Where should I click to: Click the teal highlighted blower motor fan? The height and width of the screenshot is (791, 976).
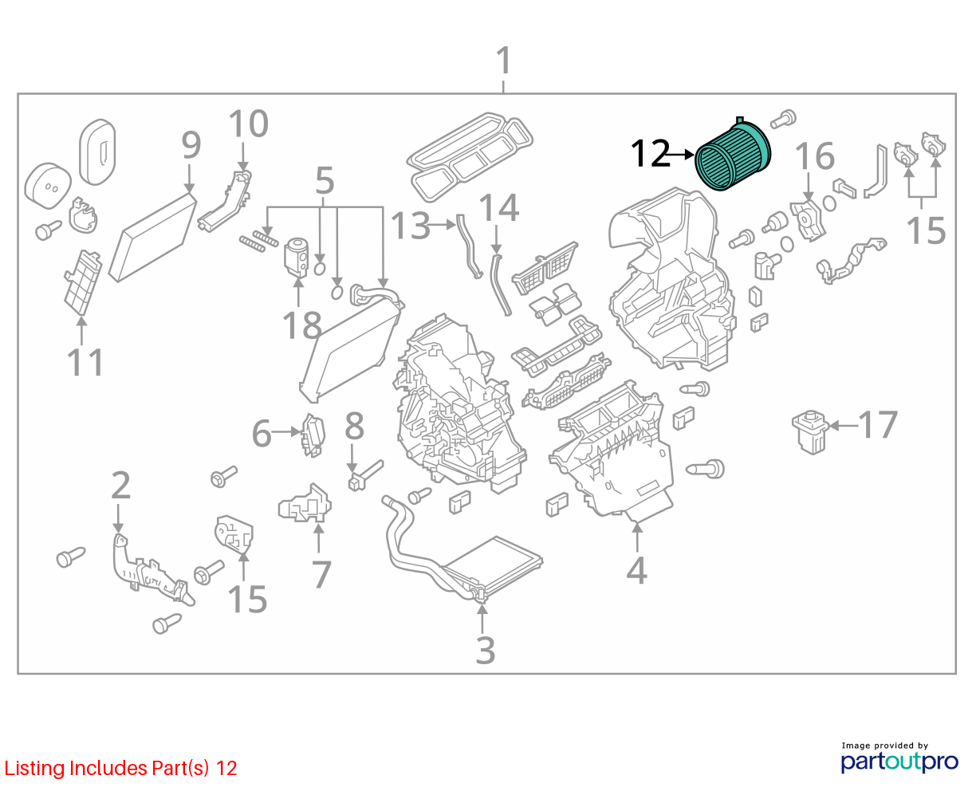click(x=733, y=155)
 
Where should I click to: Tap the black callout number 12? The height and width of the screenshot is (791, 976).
click(x=650, y=154)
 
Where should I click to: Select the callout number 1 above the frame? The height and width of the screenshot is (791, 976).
click(x=504, y=60)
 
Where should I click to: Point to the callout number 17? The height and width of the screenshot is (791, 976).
click(x=877, y=425)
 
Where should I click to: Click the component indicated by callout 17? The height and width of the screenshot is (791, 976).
click(x=810, y=431)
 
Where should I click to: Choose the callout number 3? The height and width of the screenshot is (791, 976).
click(x=486, y=650)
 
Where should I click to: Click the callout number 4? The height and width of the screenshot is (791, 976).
click(x=636, y=571)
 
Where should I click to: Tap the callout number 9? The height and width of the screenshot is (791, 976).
click(x=191, y=145)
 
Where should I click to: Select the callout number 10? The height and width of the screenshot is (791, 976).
click(x=248, y=124)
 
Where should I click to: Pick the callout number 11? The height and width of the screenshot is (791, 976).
click(x=85, y=362)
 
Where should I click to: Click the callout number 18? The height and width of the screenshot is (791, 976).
click(x=301, y=325)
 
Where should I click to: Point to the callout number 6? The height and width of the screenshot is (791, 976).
click(x=262, y=434)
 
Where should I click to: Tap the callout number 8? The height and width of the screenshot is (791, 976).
click(x=354, y=427)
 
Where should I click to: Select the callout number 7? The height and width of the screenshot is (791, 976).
click(x=321, y=575)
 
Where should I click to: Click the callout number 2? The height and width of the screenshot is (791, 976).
click(x=121, y=485)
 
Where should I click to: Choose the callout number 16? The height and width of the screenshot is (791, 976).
click(x=815, y=156)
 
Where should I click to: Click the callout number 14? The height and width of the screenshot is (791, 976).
click(x=499, y=207)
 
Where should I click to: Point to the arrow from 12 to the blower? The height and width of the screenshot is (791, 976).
click(x=683, y=155)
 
